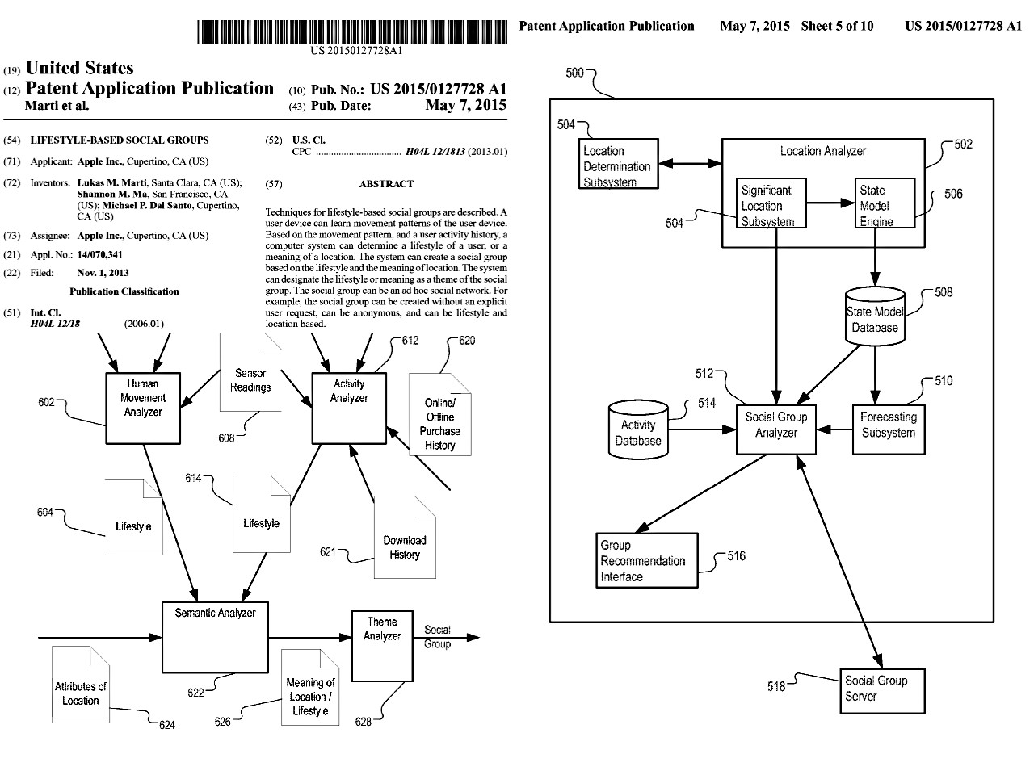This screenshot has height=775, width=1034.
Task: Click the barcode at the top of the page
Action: coord(356,31)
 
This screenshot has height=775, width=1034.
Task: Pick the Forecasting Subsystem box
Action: coord(889,428)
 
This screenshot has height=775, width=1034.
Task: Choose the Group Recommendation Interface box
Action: coord(647,560)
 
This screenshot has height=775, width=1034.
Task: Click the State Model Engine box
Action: coord(885,204)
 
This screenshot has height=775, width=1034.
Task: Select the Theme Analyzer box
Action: coord(382,646)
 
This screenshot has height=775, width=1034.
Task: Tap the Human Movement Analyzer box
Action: coord(143,408)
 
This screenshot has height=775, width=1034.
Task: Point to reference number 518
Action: coord(775,686)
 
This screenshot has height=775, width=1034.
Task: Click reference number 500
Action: coord(574,73)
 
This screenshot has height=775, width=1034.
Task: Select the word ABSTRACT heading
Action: coord(386,184)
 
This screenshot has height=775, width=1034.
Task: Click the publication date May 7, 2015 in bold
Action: coord(466,105)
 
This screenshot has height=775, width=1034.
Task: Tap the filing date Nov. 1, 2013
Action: coord(103,273)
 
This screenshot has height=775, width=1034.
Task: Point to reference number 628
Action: coord(364,721)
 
